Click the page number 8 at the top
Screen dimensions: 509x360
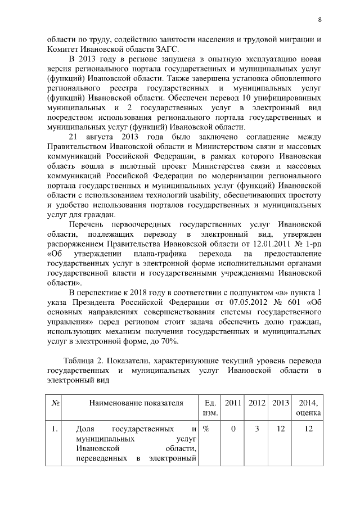point(319,20)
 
